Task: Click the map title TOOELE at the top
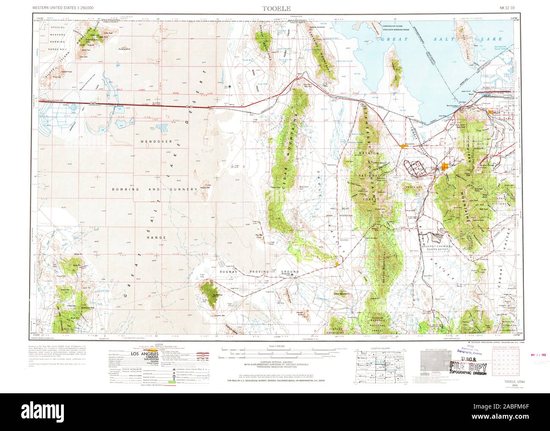click(x=275, y=8)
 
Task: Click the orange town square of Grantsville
click(x=403, y=146)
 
